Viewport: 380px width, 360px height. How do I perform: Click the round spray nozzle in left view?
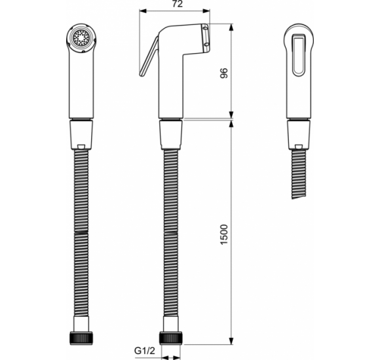coord(81,38)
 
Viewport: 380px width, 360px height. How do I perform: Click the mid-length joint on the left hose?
coord(81,230)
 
